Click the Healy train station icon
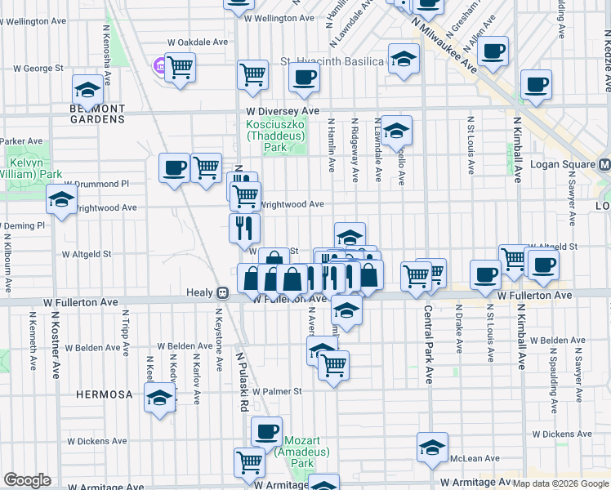click(221, 292)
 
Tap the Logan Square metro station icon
click(604, 163)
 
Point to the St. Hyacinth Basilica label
click(332, 61)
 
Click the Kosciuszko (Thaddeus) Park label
click(277, 136)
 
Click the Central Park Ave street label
click(428, 344)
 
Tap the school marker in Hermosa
click(159, 398)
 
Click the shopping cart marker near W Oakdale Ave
click(181, 66)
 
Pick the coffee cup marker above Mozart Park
click(265, 430)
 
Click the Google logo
click(27, 480)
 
